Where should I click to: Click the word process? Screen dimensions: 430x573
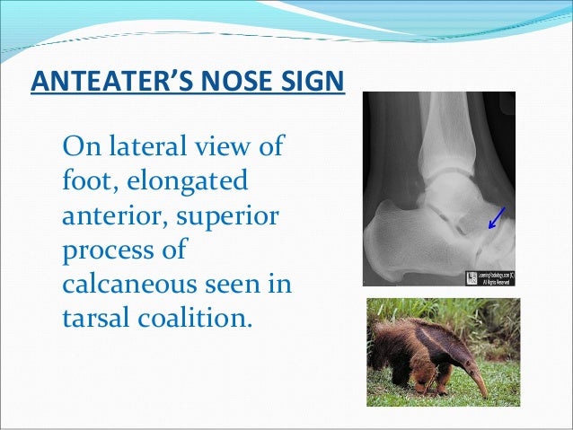point(100,250)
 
